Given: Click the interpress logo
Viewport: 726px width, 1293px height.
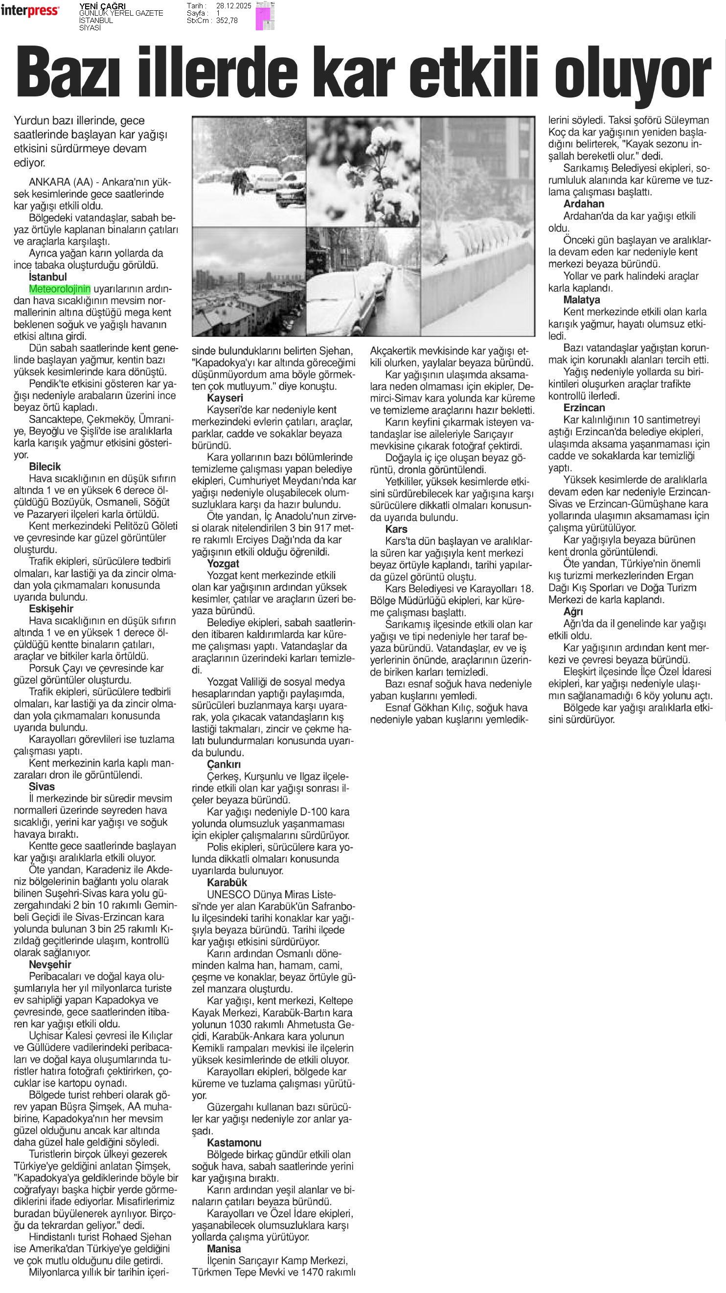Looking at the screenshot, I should tap(30, 11).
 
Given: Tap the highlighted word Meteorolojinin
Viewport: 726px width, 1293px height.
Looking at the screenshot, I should tap(60, 289).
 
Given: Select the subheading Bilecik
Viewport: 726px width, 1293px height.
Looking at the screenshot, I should tap(45, 466).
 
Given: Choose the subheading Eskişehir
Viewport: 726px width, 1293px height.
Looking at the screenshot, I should tap(51, 609).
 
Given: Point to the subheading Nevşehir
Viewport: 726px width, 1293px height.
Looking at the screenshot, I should tap(50, 964).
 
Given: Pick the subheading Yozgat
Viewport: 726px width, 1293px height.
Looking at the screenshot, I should tap(223, 564).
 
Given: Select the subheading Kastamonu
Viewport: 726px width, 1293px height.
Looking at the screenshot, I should tap(234, 1142).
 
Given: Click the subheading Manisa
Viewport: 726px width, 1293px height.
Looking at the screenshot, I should tap(224, 1248).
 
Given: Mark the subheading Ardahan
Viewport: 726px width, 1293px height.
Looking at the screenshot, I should tap(584, 204).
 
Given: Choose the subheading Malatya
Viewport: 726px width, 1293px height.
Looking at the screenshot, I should tap(582, 300).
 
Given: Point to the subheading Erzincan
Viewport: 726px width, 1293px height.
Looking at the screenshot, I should tap(584, 407).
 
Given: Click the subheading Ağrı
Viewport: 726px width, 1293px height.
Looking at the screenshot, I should tap(573, 612).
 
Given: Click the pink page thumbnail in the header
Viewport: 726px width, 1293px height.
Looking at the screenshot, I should tap(264, 16).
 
